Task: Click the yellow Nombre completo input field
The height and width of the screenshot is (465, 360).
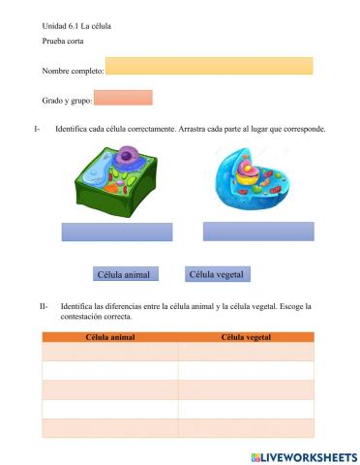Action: (209, 66)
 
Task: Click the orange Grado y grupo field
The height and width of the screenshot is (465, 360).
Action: (125, 98)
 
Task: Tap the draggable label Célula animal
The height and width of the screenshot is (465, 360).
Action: (123, 275)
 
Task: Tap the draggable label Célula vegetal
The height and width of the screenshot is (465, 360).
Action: (218, 274)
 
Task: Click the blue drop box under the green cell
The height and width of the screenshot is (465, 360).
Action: (117, 232)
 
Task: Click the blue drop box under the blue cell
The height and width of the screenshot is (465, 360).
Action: (258, 231)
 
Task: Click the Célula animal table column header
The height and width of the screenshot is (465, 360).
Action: (110, 337)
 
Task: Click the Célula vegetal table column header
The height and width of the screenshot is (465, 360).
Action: (246, 337)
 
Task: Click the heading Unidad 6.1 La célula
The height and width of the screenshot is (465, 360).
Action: (77, 25)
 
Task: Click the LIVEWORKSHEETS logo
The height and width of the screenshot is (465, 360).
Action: (303, 455)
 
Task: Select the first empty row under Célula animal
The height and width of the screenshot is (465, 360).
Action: (110, 352)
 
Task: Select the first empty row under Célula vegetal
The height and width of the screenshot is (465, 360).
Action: (246, 352)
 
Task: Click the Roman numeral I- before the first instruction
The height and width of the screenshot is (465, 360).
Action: (37, 129)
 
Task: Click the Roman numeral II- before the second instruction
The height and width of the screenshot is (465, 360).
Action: (45, 306)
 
